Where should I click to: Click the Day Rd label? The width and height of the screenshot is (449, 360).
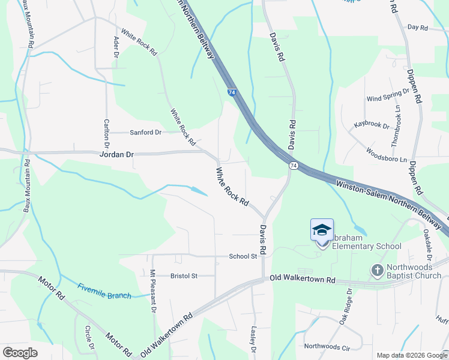(417, 28)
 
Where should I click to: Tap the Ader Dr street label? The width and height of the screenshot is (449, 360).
(116, 47)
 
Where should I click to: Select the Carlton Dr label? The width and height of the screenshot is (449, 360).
(106, 133)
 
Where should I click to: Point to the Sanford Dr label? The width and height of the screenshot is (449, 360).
(146, 132)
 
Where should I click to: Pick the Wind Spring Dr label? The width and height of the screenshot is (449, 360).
(387, 95)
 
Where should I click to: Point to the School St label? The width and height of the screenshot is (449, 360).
(243, 256)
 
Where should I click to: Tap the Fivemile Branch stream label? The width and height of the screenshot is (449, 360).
(104, 291)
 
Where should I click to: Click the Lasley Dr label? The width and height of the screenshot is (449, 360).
(253, 340)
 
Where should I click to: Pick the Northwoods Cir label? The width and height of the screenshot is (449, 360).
(327, 346)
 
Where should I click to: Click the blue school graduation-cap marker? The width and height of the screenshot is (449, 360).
(322, 230)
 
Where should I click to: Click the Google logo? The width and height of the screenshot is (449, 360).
(20, 353)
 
